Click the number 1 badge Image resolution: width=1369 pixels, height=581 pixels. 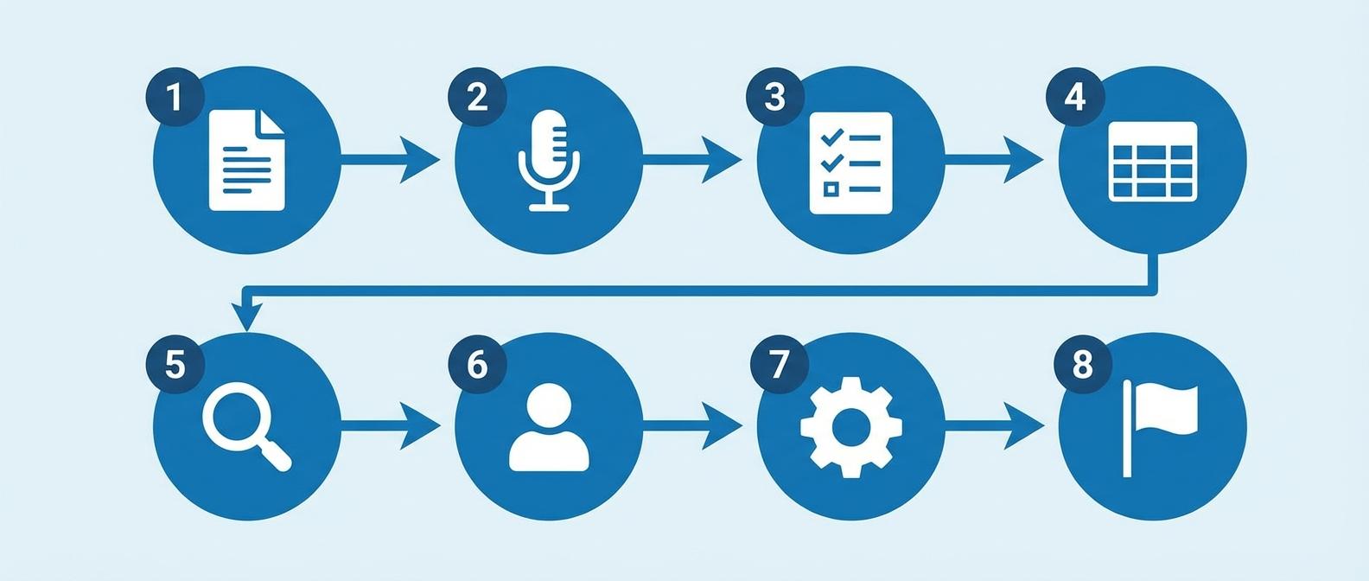175,96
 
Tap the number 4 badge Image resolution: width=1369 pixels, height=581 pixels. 1074,96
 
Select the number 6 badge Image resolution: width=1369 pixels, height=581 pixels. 477,364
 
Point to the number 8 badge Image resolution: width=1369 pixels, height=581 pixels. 1083,364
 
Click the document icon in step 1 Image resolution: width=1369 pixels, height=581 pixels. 246,160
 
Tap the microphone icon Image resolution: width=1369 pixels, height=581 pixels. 549,160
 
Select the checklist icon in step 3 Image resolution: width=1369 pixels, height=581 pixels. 850,163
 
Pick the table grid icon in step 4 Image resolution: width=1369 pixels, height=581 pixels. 1152,162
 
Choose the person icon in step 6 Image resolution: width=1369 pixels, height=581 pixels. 549,427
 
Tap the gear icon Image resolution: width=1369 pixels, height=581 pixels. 851,427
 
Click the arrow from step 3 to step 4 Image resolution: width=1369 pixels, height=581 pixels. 994,159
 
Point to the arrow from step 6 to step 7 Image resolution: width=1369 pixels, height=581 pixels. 692,425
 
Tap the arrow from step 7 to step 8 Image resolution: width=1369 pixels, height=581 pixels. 994,425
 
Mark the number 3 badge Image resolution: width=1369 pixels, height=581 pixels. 774,96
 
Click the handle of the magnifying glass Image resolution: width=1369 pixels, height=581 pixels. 277,455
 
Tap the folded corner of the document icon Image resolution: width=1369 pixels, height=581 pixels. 272,121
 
